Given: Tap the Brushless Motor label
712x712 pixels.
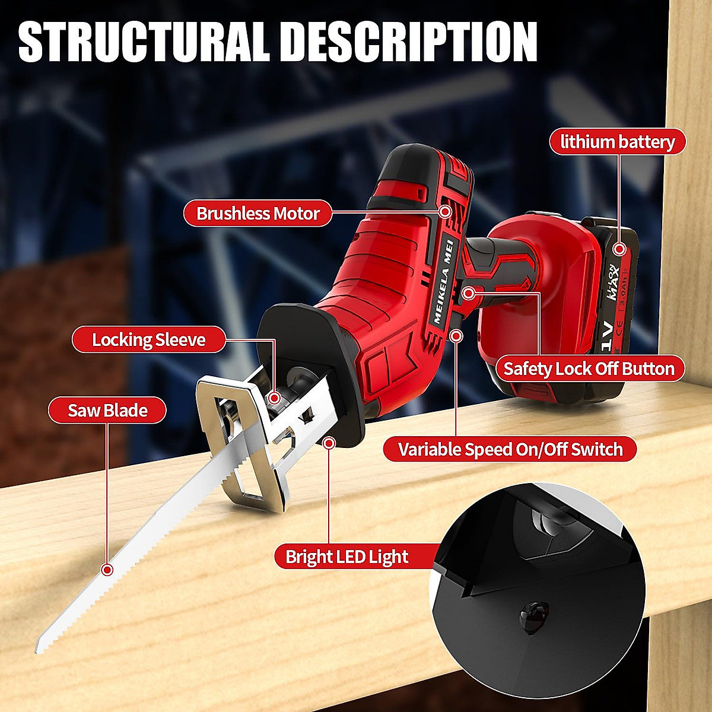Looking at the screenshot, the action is point(258,213).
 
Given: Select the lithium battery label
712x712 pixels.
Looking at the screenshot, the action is point(617,142).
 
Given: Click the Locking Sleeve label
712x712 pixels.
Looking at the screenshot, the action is point(148,340).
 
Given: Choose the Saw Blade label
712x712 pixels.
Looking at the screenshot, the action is point(107,410).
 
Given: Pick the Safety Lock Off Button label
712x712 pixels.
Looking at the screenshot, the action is point(589,368).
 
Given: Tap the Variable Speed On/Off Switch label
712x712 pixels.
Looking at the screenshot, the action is point(510,449).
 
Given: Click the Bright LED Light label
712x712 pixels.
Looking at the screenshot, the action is point(347,557).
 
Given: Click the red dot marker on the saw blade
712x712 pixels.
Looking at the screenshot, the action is point(107,570).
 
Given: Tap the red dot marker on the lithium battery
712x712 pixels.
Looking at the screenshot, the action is point(619,250).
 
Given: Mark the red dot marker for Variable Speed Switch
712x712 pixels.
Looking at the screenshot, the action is point(456,336).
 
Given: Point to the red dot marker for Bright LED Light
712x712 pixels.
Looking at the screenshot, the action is point(329,443).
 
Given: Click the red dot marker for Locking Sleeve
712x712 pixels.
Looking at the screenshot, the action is point(274,396).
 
